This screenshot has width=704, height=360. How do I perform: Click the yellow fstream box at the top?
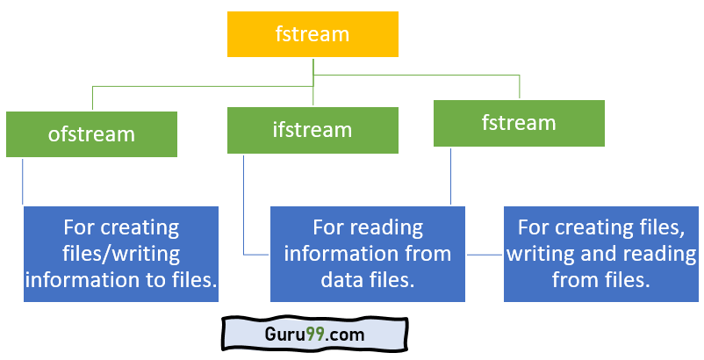point(312,35)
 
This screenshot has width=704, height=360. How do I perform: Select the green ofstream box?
point(91,134)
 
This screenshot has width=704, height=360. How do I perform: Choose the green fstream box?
point(519,123)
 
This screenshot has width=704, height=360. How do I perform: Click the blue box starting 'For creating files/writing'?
point(121,254)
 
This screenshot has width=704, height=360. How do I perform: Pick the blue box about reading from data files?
point(368,254)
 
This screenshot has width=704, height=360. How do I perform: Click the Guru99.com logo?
point(314,335)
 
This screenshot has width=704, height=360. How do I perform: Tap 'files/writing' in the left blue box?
point(121,254)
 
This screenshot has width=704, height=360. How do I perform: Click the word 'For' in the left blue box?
point(79,228)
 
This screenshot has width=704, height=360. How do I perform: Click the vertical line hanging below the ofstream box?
point(23,181)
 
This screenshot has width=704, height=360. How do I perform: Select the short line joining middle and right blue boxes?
point(485,255)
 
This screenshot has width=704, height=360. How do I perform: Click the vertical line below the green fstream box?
point(450,176)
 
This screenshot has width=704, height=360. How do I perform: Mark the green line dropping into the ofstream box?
point(92,98)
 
